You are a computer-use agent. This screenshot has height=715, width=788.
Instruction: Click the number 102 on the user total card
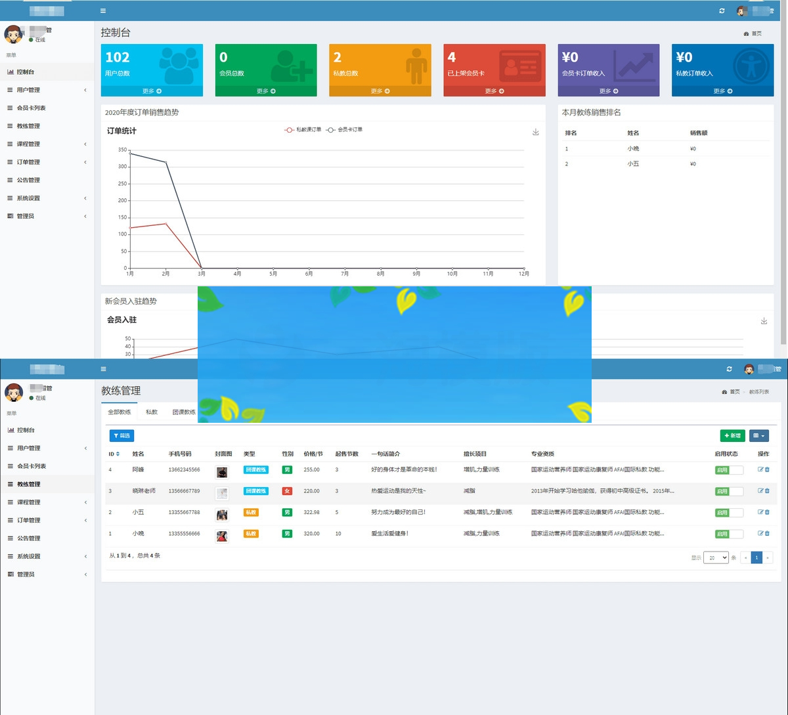point(118,58)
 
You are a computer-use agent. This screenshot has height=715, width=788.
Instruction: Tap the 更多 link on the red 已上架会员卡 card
point(494,91)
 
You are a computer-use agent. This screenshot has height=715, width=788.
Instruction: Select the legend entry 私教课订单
point(303,130)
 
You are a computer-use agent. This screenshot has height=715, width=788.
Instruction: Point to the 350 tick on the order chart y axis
point(123,150)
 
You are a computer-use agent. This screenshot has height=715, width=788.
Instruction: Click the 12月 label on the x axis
point(523,274)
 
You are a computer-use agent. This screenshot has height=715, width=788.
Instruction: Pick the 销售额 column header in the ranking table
point(699,133)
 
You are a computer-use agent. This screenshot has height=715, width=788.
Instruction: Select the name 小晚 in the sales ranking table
point(633,149)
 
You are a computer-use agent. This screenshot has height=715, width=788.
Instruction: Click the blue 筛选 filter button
point(121,435)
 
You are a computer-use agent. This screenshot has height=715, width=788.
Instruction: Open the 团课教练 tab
point(184,412)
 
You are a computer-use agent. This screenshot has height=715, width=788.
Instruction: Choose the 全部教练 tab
point(120,412)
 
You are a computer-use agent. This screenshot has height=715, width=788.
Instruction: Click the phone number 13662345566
point(184,470)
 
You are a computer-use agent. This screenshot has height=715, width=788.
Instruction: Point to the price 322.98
point(312,512)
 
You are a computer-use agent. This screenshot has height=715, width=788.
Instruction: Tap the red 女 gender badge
point(287,491)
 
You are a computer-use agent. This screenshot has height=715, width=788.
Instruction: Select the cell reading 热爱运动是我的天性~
point(399,491)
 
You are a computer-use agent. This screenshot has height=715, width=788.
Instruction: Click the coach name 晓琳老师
point(144,491)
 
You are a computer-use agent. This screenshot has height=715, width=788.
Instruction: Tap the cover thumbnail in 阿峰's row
point(222,472)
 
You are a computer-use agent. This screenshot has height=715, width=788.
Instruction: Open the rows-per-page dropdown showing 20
point(716,557)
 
